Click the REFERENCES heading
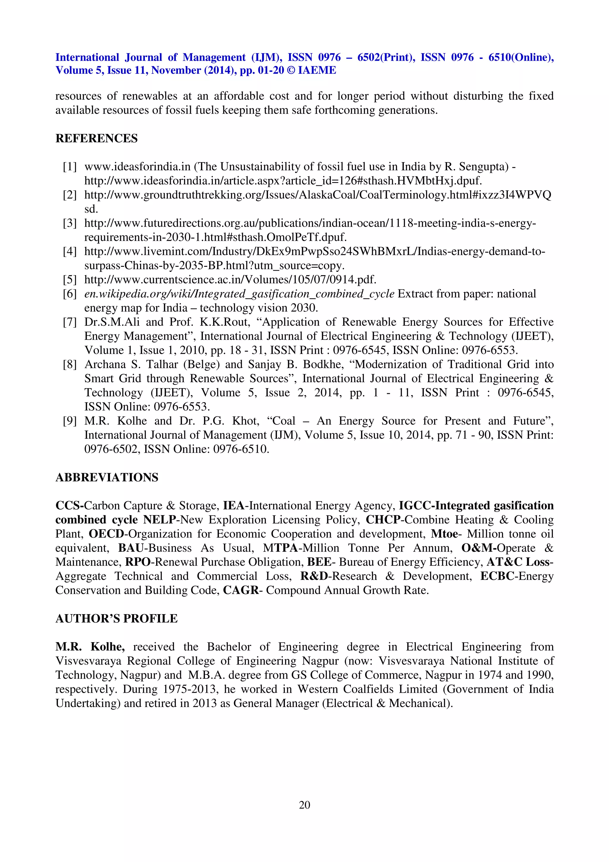(x=96, y=139)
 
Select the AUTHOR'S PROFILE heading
(x=116, y=619)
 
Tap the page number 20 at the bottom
(x=304, y=805)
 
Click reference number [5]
(x=70, y=280)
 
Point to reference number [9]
(x=70, y=421)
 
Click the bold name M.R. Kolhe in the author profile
(x=90, y=647)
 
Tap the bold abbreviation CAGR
(x=241, y=590)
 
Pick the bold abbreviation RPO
(x=138, y=562)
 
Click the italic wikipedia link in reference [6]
(x=239, y=294)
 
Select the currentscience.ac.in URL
(x=230, y=280)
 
